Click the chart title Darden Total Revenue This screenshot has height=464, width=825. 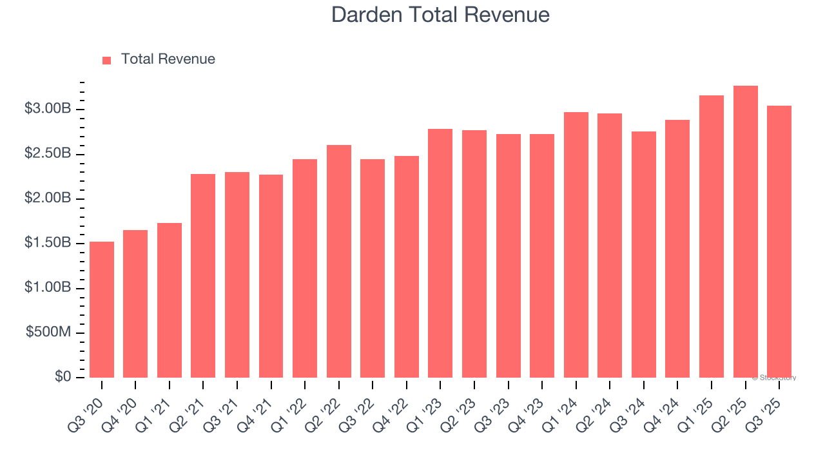coord(440,15)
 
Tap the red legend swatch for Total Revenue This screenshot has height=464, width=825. coord(107,60)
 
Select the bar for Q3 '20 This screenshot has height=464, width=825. coord(102,310)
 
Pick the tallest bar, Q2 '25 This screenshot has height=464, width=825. coord(745,232)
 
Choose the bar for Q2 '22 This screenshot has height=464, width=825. coord(338,262)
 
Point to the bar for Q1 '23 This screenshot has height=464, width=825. coord(440,253)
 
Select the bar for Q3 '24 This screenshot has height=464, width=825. coord(643,255)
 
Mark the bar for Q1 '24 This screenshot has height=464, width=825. coord(576,245)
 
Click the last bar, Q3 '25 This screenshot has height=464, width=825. coord(779,242)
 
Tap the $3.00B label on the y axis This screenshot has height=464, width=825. coord(48,109)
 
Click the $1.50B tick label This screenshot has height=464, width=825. coord(48,243)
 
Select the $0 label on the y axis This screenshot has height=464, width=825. coord(63,377)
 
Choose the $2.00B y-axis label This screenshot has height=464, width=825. coord(48,198)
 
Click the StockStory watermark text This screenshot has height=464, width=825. coord(774,378)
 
